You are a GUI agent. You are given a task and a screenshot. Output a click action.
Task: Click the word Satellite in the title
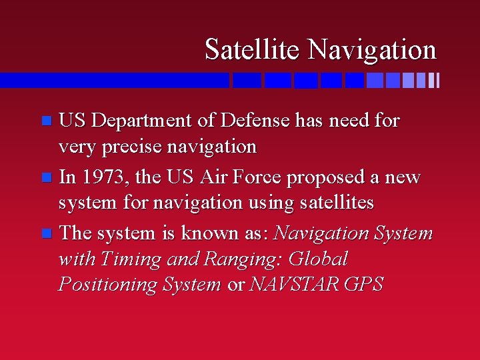[253, 49]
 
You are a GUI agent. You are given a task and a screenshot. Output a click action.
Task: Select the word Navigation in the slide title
[372, 49]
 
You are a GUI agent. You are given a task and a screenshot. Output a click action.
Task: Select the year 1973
[104, 177]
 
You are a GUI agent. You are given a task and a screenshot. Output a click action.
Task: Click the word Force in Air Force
[261, 177]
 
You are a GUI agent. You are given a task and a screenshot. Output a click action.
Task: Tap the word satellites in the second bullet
[332, 202]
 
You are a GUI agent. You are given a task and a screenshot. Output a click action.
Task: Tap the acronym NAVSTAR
[294, 285]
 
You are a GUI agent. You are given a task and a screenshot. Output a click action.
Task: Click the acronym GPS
[364, 285]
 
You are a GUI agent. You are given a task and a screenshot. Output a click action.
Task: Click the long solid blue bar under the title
[113, 80]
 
